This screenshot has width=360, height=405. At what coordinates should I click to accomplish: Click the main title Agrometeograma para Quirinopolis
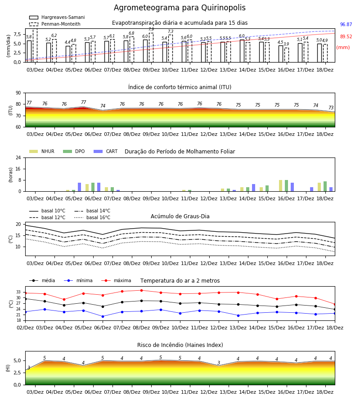point(180,8)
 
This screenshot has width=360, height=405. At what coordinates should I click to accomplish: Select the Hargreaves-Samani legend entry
point(57,17)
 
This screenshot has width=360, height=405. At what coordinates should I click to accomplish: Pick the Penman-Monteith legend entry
point(55,24)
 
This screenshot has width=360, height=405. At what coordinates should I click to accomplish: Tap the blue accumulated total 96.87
point(346,25)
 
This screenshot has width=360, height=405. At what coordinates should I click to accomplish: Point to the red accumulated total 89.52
point(346,37)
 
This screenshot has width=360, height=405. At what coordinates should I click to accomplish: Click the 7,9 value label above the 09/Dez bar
point(151,29)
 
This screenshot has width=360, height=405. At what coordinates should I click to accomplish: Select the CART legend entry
point(106,151)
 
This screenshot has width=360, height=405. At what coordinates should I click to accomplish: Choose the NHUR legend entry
point(42,151)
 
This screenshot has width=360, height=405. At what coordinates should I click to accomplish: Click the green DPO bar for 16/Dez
point(286,186)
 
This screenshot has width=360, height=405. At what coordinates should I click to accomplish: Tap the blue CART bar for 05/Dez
point(80,187)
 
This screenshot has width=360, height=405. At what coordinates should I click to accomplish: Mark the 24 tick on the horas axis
point(18,157)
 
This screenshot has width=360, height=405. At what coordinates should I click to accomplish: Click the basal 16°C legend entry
point(92,217)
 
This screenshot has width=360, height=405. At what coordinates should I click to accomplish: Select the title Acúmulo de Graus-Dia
point(180,216)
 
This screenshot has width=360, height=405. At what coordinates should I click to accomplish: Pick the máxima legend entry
point(116,280)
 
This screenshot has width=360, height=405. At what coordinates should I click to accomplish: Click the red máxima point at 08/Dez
point(141,290)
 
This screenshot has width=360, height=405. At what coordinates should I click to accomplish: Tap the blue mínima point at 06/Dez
point(103,316)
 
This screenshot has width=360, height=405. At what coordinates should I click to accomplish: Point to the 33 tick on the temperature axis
point(18,292)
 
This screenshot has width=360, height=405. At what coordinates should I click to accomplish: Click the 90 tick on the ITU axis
point(18,93)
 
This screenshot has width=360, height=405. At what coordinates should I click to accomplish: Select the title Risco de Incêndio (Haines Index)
point(180,345)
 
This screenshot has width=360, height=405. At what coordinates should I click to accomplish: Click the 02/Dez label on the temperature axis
point(25,328)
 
